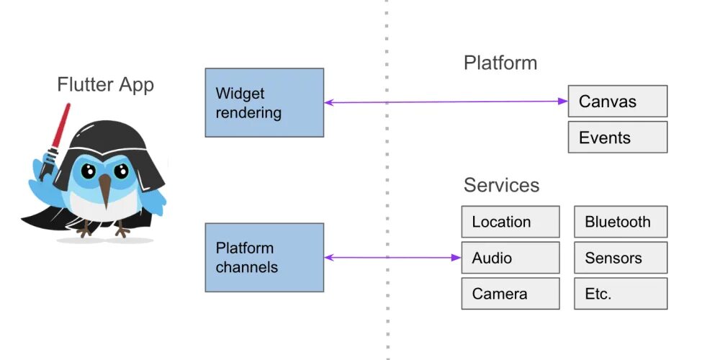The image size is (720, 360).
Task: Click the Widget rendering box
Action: (264, 102)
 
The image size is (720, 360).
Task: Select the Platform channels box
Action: (264, 258)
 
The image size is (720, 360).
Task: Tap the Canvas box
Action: (618, 101)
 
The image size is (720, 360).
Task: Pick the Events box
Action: (618, 138)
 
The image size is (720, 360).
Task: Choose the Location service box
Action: (510, 222)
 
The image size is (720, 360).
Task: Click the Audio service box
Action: (510, 258)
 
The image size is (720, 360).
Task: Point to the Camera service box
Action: (510, 294)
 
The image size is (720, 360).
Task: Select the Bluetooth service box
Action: (621, 222)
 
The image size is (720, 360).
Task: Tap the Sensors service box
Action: (621, 258)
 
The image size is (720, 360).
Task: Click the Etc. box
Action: (621, 294)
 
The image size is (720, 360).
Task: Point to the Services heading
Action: (501, 185)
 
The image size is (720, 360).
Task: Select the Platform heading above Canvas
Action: (500, 63)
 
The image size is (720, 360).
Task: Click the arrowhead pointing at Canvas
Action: (564, 101)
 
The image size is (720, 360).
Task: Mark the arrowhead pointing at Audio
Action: (456, 258)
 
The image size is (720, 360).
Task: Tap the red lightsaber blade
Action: (61, 125)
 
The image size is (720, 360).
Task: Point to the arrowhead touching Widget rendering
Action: (328, 102)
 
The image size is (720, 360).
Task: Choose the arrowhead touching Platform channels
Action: (328, 258)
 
